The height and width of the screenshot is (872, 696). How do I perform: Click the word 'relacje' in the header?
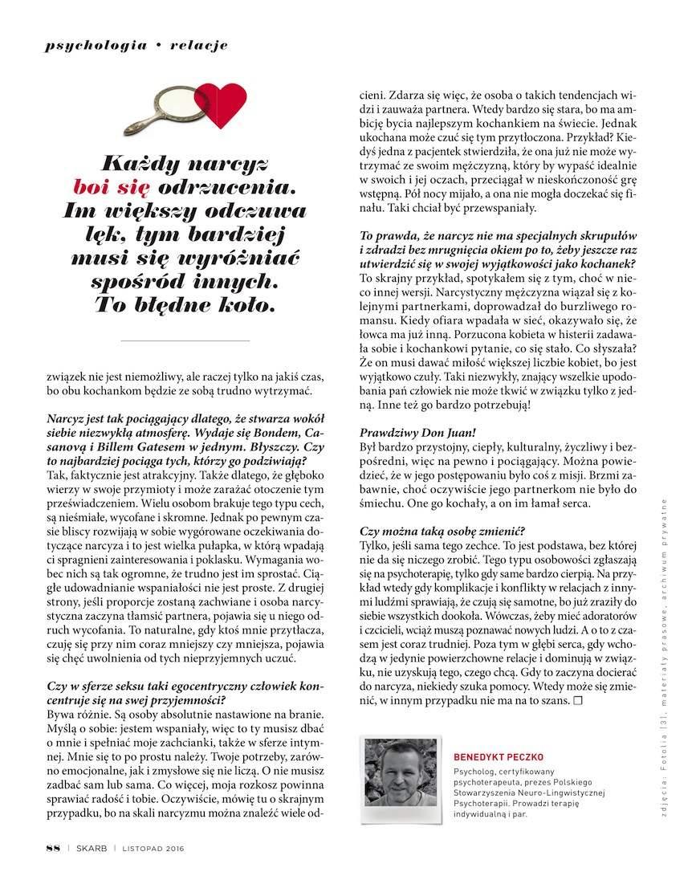pyautogui.click(x=199, y=45)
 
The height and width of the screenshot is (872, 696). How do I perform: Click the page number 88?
pyautogui.click(x=53, y=848)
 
